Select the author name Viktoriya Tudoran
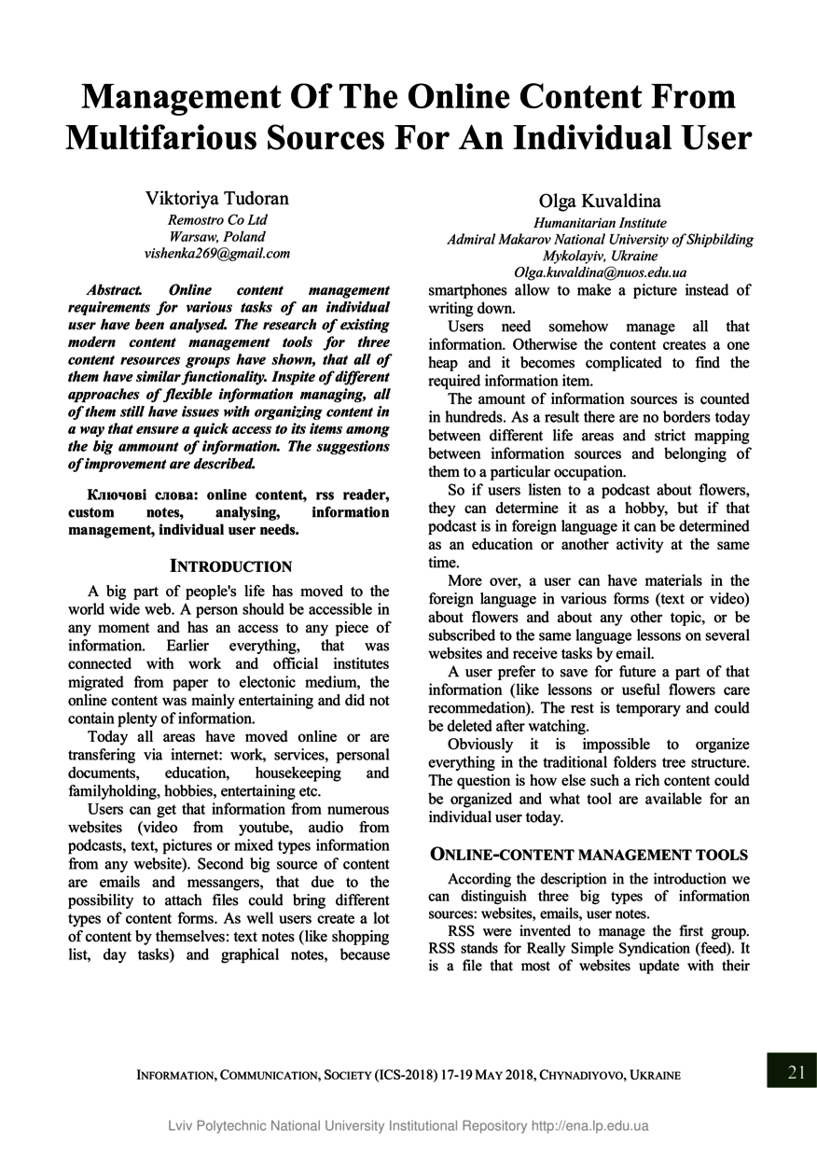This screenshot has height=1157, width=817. [x=216, y=199]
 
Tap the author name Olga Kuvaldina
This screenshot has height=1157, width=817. [x=600, y=202]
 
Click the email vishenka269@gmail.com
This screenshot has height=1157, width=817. [x=216, y=253]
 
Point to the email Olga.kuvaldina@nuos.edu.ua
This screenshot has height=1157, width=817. [x=600, y=272]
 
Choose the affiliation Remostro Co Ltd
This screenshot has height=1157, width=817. [x=216, y=220]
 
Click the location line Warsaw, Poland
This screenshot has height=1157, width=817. [x=216, y=237]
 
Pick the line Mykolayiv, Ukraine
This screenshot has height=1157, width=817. [x=600, y=256]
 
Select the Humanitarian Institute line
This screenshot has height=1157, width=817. [x=600, y=223]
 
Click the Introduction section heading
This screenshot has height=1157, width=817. [x=230, y=566]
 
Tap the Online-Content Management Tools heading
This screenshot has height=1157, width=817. [x=589, y=854]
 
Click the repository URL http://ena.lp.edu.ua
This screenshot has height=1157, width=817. [x=589, y=1125]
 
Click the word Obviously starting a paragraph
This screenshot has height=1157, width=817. [x=480, y=745]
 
